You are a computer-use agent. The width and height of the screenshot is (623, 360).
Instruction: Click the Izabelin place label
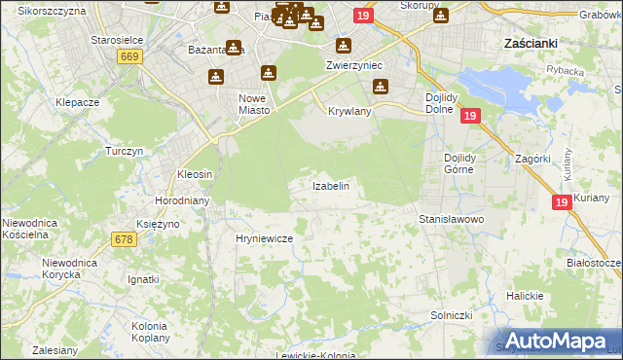(330, 185)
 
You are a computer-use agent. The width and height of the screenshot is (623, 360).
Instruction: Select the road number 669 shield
(128, 57)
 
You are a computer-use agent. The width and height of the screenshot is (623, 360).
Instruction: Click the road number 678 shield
(123, 239)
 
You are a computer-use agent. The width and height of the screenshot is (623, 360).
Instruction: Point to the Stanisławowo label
(452, 220)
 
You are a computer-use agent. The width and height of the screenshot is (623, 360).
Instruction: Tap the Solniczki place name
(452, 316)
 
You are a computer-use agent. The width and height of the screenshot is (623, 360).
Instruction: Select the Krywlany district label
(350, 112)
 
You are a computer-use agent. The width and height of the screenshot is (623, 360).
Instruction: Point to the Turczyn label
(125, 152)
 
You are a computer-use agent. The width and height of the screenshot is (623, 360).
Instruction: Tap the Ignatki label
(143, 279)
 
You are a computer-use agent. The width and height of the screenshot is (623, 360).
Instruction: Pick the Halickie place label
(525, 296)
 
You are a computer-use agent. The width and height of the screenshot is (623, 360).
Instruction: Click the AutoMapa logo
(556, 341)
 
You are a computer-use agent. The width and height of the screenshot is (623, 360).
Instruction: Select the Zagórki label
(535, 158)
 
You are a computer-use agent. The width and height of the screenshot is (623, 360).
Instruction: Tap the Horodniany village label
(178, 200)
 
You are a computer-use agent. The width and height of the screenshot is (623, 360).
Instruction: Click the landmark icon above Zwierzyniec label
(343, 46)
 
